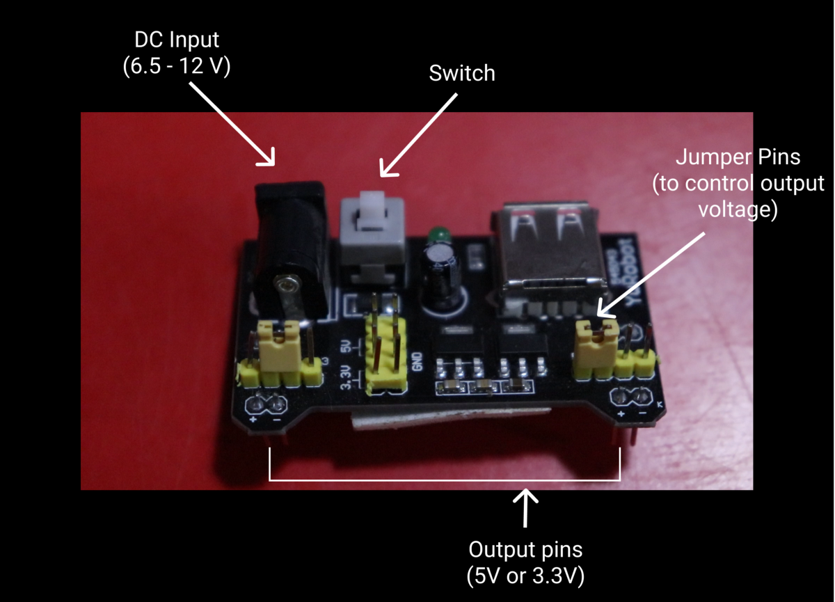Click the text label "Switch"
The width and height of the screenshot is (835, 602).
point(462,73)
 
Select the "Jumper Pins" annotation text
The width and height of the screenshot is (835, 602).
point(738,158)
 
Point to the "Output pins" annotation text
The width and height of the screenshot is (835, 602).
point(525,550)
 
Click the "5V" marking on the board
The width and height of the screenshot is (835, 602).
point(346,346)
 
